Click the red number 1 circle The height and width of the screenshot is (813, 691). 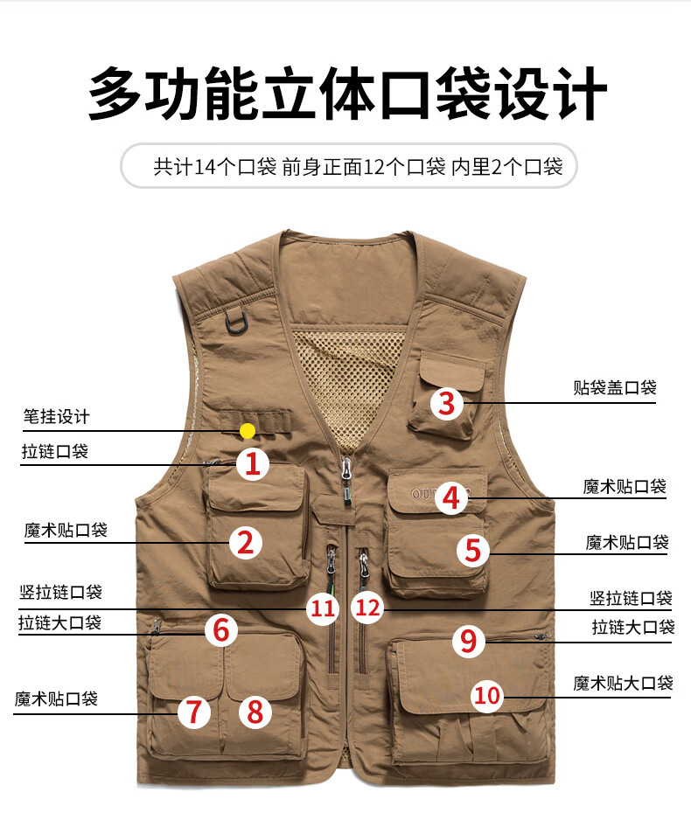tap(253, 463)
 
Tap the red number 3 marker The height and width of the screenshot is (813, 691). tap(447, 404)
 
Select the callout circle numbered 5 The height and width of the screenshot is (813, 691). tap(472, 550)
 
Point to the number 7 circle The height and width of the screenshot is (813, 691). tap(194, 712)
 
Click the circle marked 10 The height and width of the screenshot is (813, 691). tap(487, 695)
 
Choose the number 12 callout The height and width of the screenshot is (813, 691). tap(368, 608)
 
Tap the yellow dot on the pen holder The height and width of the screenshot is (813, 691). tap(248, 431)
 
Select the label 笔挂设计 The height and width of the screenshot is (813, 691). tap(56, 416)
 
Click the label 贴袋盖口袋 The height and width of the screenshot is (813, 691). tap(615, 388)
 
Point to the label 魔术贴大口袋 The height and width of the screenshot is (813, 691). tap(623, 684)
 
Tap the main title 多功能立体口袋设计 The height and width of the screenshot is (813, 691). tap(347, 94)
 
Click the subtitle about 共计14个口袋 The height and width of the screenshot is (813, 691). tap(358, 167)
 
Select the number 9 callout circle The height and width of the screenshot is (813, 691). tap(469, 641)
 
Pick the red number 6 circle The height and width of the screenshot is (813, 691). tap(221, 630)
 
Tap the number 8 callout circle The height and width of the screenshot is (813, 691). tap(255, 712)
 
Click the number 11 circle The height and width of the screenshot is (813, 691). tap(323, 608)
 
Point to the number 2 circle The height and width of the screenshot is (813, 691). tap(246, 543)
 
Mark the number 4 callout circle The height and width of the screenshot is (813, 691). tap(450, 498)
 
